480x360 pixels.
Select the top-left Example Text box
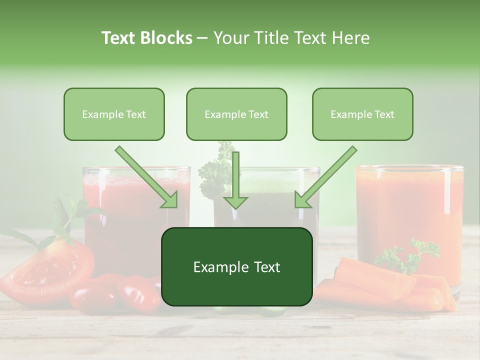(x=114, y=114)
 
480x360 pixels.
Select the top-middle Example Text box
(x=236, y=114)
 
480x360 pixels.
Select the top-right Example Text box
(x=362, y=114)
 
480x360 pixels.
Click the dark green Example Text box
(x=236, y=266)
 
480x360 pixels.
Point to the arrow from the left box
(x=148, y=178)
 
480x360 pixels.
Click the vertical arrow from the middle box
(x=235, y=180)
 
